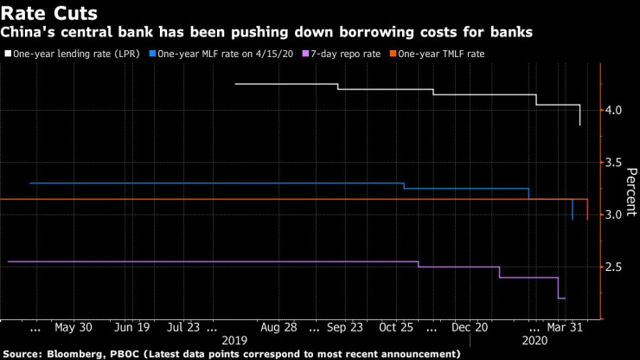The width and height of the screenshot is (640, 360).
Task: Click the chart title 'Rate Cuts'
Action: [48, 13]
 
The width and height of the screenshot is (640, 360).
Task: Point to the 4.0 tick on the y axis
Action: [614, 110]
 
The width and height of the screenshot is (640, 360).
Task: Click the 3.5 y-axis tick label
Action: [614, 162]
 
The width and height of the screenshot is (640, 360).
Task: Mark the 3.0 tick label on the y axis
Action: [614, 215]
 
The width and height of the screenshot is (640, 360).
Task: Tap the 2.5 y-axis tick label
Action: [614, 267]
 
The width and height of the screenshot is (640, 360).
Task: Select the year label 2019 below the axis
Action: [235, 341]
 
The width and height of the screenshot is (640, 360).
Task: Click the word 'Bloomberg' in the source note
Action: [80, 354]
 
